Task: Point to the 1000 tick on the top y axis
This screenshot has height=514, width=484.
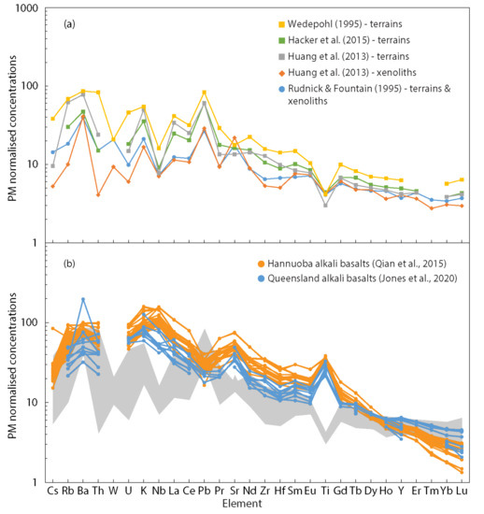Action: [x=31, y=7]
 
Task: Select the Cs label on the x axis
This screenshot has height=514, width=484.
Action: [x=52, y=493]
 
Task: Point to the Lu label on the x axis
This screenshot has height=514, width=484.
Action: [x=462, y=493]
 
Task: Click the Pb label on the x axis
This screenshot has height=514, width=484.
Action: [x=204, y=493]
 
